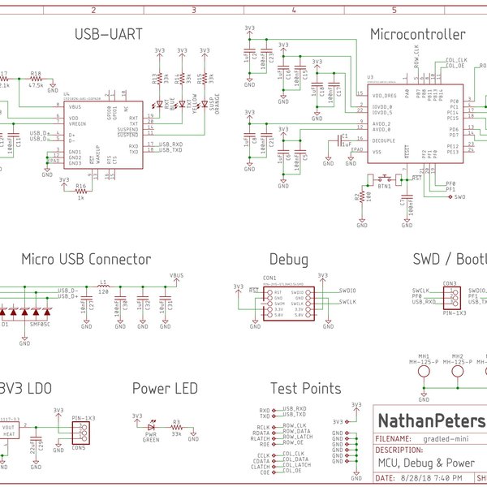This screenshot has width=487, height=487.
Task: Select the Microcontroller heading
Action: click(x=417, y=35)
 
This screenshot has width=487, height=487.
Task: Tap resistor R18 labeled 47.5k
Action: click(x=37, y=79)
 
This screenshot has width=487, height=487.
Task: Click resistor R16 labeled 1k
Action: click(x=80, y=192)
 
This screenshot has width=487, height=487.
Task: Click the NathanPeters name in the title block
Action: click(x=430, y=421)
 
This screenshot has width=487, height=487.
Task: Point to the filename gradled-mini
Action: click(x=455, y=437)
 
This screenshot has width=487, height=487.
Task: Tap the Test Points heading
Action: click(x=305, y=389)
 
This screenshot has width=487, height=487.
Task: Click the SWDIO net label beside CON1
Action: click(x=347, y=290)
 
